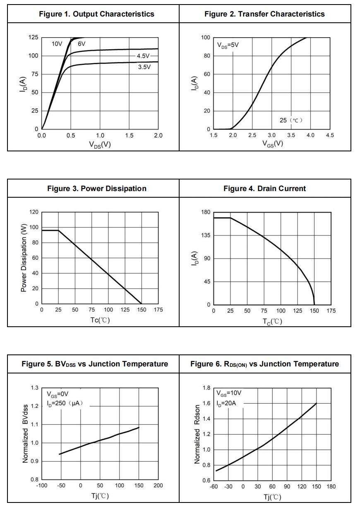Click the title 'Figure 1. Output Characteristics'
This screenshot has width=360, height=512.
[x=96, y=14]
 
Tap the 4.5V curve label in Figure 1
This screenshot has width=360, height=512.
[x=144, y=56]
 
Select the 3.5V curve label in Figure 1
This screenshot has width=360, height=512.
[x=144, y=67]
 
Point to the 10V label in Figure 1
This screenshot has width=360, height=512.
[x=57, y=44]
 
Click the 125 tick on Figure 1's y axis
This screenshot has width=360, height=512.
[x=33, y=38]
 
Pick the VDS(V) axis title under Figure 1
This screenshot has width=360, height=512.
[x=100, y=144]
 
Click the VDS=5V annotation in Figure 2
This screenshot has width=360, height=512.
[x=228, y=45]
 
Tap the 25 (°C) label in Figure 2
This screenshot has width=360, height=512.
[x=291, y=120]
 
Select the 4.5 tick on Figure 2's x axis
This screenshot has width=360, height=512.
[x=330, y=136]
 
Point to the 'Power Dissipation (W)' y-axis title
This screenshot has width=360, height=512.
[x=24, y=258]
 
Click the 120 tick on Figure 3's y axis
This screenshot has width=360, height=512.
[x=34, y=212]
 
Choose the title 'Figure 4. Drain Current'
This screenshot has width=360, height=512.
[x=264, y=189]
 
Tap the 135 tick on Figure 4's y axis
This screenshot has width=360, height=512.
[x=206, y=235]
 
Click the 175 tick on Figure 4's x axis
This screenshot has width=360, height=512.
[x=331, y=311]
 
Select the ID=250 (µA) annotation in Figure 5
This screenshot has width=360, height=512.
[x=65, y=403]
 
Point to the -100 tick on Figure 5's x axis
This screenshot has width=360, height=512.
[x=42, y=486]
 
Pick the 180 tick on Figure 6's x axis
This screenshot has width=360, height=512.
[x=331, y=487]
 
